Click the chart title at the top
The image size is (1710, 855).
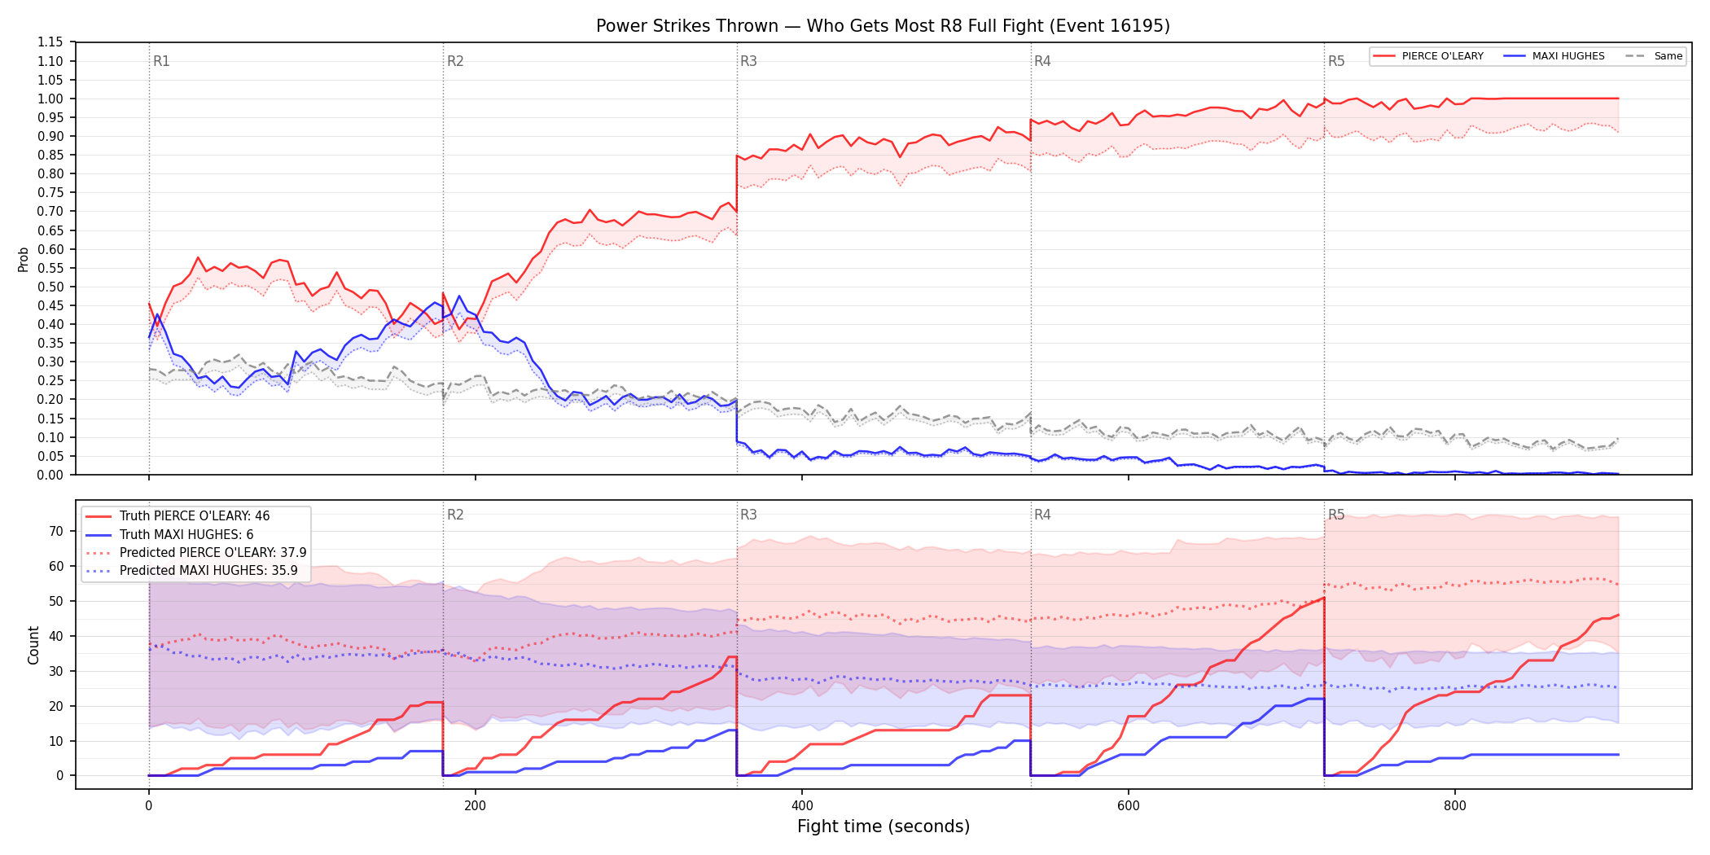pyautogui.click(x=883, y=26)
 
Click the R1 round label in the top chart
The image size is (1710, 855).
pyautogui.click(x=161, y=61)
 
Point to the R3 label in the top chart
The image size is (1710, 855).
pyautogui.click(x=748, y=61)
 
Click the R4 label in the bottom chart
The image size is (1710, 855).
pyautogui.click(x=1042, y=515)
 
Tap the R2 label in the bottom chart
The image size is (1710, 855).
pyautogui.click(x=455, y=515)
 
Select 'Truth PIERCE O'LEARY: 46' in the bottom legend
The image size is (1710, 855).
pyautogui.click(x=195, y=516)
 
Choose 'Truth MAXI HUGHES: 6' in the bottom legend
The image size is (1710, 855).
pyautogui.click(x=186, y=534)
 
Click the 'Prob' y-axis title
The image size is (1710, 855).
pyautogui.click(x=23, y=259)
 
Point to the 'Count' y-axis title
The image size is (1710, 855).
pyautogui.click(x=33, y=645)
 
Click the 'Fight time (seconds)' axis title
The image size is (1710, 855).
pyautogui.click(x=883, y=826)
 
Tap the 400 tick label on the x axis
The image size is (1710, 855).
pyautogui.click(x=802, y=806)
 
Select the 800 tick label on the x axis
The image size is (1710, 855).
pyautogui.click(x=1455, y=806)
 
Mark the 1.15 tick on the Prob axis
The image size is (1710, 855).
pyautogui.click(x=50, y=42)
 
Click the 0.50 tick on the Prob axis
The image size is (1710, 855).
pyautogui.click(x=50, y=287)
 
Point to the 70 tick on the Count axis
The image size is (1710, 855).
pyautogui.click(x=56, y=531)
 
